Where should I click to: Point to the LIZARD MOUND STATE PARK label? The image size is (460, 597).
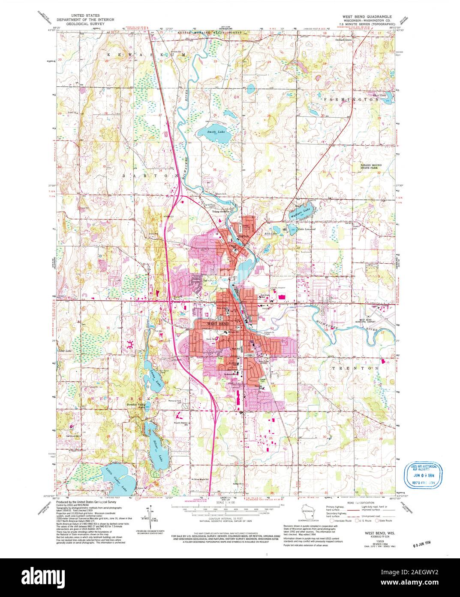[x=373, y=166]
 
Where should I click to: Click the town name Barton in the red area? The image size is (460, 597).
[x=244, y=236]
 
